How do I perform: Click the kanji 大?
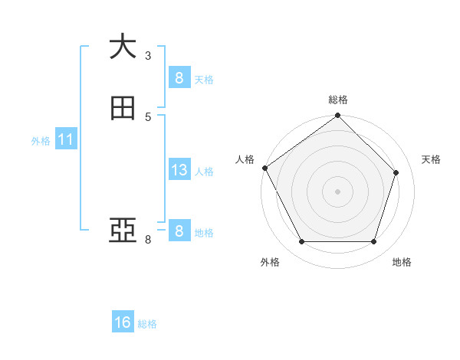(123, 46)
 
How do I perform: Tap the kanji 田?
(123, 108)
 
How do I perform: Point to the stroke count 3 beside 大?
(148, 55)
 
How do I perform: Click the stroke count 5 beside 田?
(148, 117)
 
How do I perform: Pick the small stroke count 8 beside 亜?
(148, 240)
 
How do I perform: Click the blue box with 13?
(179, 170)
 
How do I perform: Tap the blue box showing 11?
(65, 139)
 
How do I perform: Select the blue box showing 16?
(123, 322)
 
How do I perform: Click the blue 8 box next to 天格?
(179, 77)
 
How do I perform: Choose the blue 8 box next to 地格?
(179, 231)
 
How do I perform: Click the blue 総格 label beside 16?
(147, 324)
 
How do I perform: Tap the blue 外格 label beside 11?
(41, 141)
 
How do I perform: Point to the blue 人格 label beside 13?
(204, 172)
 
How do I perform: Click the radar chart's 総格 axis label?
(338, 100)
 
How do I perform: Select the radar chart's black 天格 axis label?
(431, 159)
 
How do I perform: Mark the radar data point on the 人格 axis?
(264, 168)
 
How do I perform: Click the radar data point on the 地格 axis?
(373, 242)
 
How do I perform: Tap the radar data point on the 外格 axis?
(301, 242)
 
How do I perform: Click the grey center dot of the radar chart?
(337, 191)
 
